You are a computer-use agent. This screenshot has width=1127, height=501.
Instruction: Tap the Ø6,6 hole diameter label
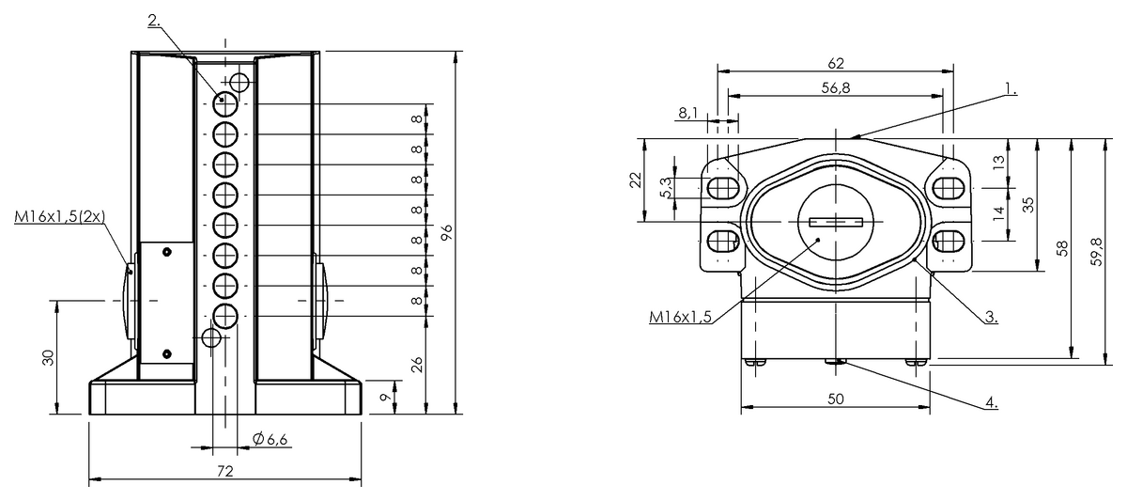pyautogui.click(x=270, y=439)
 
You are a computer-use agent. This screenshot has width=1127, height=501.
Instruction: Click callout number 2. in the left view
pyautogui.click(x=155, y=20)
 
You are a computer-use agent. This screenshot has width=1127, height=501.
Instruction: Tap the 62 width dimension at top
pyautogui.click(x=836, y=64)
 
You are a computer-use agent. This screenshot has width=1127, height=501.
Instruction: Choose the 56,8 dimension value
pyautogui.click(x=836, y=87)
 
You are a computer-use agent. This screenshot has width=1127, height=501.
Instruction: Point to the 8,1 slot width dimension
pyautogui.click(x=687, y=113)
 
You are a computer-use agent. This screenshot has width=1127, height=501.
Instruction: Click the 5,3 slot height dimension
pyautogui.click(x=665, y=187)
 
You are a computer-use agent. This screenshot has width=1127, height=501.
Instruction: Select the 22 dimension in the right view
pyautogui.click(x=635, y=180)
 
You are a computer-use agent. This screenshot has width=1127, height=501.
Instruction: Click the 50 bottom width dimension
pyautogui.click(x=836, y=398)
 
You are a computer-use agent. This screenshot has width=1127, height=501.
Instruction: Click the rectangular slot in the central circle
pyautogui.click(x=835, y=222)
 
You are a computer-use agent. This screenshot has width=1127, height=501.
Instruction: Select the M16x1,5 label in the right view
pyautogui.click(x=678, y=317)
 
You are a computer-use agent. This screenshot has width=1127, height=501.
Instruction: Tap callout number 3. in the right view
pyautogui.click(x=991, y=317)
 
